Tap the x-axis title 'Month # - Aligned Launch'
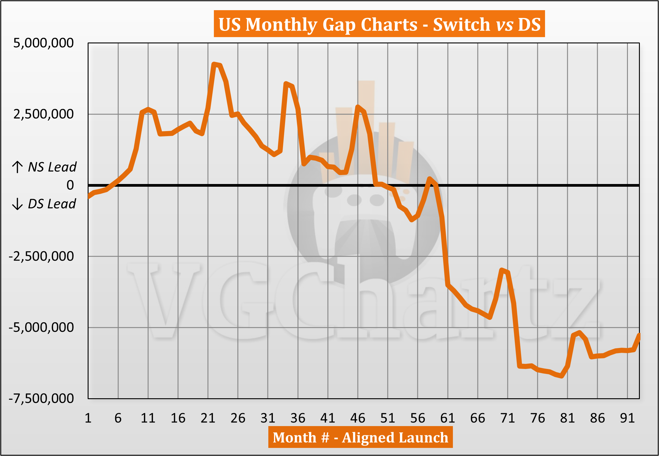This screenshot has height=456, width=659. [360, 437]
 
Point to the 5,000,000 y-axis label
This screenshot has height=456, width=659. [43, 43]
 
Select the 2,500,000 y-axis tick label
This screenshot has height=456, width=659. [43, 114]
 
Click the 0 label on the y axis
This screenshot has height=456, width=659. [70, 185]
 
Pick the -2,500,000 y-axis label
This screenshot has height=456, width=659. [41, 256]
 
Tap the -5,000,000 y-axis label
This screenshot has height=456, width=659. [41, 327]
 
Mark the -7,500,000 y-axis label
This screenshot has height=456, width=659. [41, 399]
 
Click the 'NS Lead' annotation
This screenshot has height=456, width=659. [52, 167]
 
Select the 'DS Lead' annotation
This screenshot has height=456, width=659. [52, 204]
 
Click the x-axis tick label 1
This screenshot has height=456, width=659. [88, 418]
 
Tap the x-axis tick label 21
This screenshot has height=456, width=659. [208, 418]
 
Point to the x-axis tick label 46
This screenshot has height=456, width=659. [358, 418]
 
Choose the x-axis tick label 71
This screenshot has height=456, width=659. [508, 418]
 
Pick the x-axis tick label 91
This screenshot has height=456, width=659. [627, 418]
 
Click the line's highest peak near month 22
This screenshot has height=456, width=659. [214, 64]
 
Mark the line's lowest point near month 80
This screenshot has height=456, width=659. [561, 376]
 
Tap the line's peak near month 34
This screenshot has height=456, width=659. [286, 83]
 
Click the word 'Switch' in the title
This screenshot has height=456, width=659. [461, 24]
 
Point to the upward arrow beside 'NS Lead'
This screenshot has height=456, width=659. [17, 167]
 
